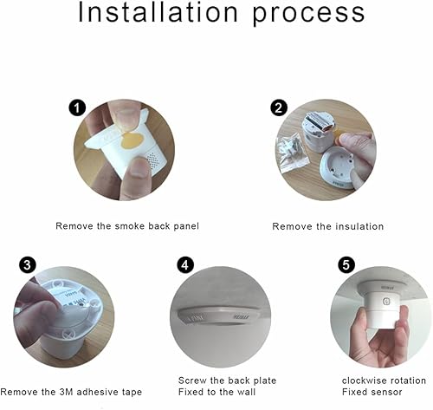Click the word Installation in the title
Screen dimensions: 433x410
[x=158, y=12]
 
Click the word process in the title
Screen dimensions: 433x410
[x=308, y=14]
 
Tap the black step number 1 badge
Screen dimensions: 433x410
[x=77, y=108]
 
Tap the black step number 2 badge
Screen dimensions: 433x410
[x=279, y=107]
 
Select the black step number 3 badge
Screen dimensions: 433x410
[x=28, y=264]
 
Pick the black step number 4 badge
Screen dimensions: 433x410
[x=185, y=264]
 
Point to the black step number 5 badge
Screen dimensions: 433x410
[x=346, y=264]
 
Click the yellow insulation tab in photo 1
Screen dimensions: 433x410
[x=132, y=140]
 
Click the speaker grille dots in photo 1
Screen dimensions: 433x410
[x=153, y=160]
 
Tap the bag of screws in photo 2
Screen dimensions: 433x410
[x=292, y=153]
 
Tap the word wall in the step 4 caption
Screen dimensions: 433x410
[x=245, y=392]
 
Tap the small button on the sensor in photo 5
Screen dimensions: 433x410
[x=386, y=302]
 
